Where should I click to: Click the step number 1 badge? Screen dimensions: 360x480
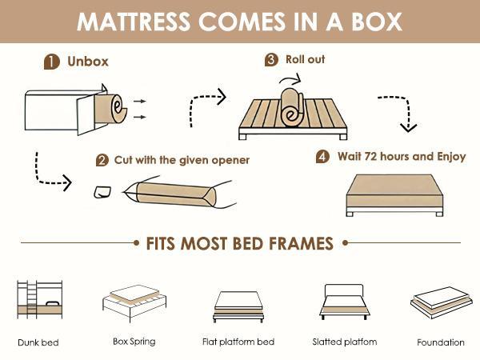pos(50,62)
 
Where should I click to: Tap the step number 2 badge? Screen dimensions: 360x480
pos(102,160)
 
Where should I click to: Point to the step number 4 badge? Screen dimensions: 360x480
pos(322,157)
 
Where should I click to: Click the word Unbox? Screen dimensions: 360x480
pos(88,61)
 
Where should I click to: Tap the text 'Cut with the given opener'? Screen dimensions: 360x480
pos(182,160)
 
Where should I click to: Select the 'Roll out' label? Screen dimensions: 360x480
pos(306,59)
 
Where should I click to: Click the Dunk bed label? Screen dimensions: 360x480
pos(38,342)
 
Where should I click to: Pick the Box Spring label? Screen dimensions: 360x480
pos(134,342)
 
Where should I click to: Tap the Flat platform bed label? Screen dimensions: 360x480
pos(238,342)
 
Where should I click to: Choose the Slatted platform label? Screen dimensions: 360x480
pos(344,342)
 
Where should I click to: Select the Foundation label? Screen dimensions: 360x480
pos(440,342)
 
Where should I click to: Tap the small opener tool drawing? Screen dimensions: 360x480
pos(102,192)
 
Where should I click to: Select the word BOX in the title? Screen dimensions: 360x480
pos(370,21)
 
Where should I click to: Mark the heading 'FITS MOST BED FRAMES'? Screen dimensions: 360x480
pos(239,242)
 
